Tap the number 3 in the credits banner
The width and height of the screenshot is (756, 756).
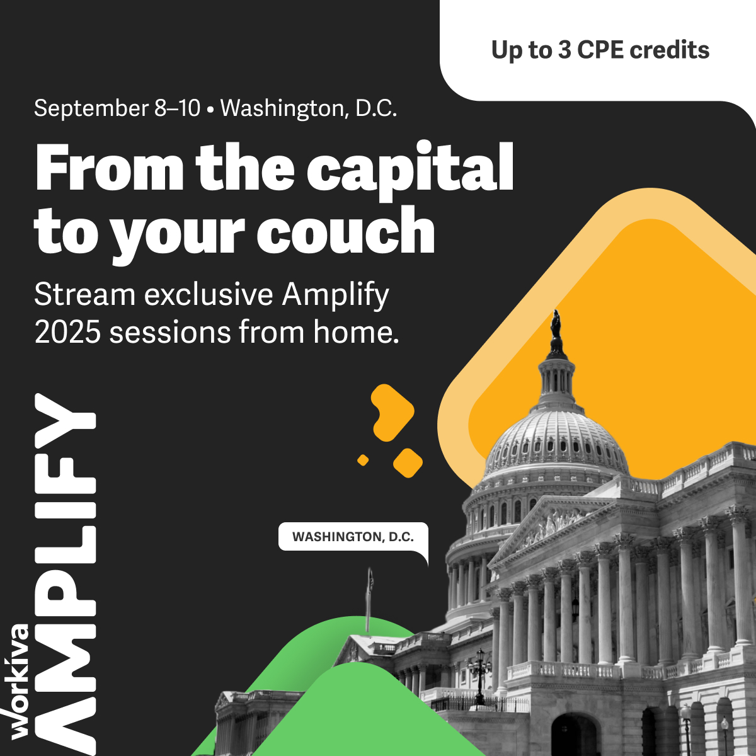(564, 50)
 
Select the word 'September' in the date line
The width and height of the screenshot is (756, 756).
(91, 108)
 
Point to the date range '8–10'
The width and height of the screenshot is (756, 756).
(177, 108)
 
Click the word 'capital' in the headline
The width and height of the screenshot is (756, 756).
(410, 170)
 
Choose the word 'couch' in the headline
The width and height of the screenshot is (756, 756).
(346, 231)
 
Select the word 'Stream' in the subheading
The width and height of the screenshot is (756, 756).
(85, 294)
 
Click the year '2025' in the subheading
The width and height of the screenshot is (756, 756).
(68, 332)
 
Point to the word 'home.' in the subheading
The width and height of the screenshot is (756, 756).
(355, 332)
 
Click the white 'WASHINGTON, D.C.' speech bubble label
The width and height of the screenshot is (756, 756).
(353, 537)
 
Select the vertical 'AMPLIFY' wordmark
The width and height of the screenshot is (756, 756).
(65, 574)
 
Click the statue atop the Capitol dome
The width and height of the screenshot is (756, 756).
(556, 324)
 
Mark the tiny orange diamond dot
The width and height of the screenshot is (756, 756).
(363, 460)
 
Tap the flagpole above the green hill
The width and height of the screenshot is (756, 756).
(369, 600)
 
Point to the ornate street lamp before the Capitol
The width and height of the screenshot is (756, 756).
(479, 677)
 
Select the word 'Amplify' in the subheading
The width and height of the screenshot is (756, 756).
(335, 295)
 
